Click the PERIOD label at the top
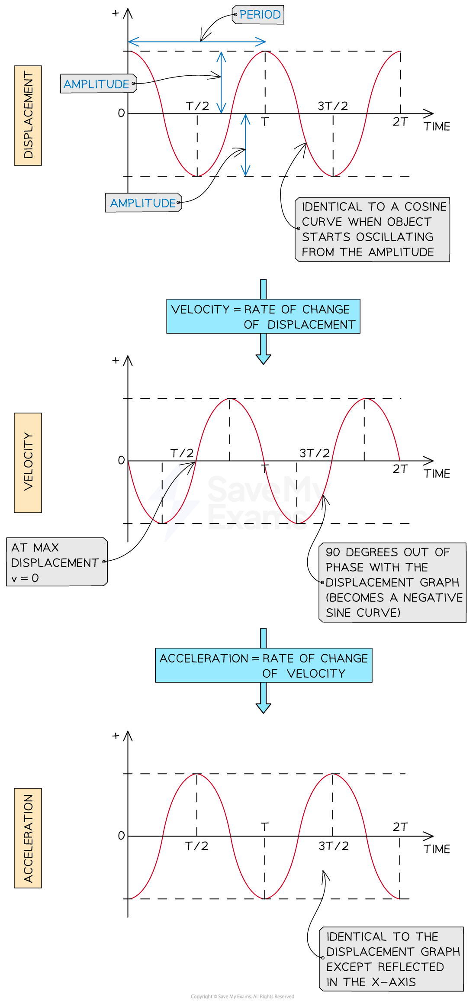click(x=260, y=15)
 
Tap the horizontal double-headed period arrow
click(x=197, y=42)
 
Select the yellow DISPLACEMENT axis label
click(x=28, y=116)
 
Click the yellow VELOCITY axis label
click(x=28, y=462)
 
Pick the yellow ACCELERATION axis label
click(x=28, y=838)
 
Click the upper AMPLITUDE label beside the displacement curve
click(x=97, y=84)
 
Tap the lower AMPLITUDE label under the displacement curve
click(x=143, y=203)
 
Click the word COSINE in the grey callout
click(x=425, y=207)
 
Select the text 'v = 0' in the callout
click(x=25, y=578)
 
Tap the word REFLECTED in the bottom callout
click(x=411, y=967)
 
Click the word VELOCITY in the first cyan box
click(x=200, y=310)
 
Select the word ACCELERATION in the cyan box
click(x=204, y=659)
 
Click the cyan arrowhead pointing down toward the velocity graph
click(x=263, y=359)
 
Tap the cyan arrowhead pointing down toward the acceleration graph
click(x=263, y=708)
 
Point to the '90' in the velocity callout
click(x=333, y=552)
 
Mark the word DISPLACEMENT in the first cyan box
click(x=311, y=325)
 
